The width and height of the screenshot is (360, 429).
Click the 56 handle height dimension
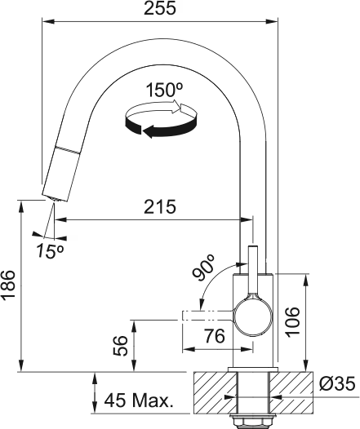coord(119,347)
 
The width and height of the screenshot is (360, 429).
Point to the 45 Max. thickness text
coord(140,400)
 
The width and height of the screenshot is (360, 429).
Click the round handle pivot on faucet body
coord(252,316)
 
